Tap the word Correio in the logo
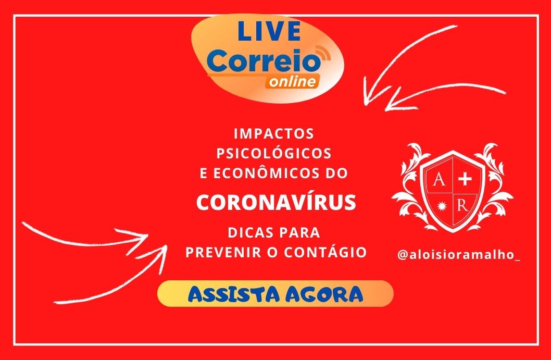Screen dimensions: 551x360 point(264,61)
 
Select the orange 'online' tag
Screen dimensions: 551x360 point(292,82)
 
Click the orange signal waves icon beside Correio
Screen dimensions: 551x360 point(323,53)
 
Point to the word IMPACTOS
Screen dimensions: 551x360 point(274,133)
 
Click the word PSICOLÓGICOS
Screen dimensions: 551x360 point(274,153)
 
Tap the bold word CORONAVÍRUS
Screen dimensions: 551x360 point(276,202)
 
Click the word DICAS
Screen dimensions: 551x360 point(251,233)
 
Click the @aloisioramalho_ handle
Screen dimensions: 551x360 point(459,255)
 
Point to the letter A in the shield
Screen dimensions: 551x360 point(438,180)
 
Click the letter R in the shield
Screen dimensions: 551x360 point(463,205)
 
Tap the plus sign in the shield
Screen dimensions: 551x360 point(465,180)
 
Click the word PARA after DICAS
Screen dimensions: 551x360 point(300,233)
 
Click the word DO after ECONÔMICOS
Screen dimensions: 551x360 point(336,173)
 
